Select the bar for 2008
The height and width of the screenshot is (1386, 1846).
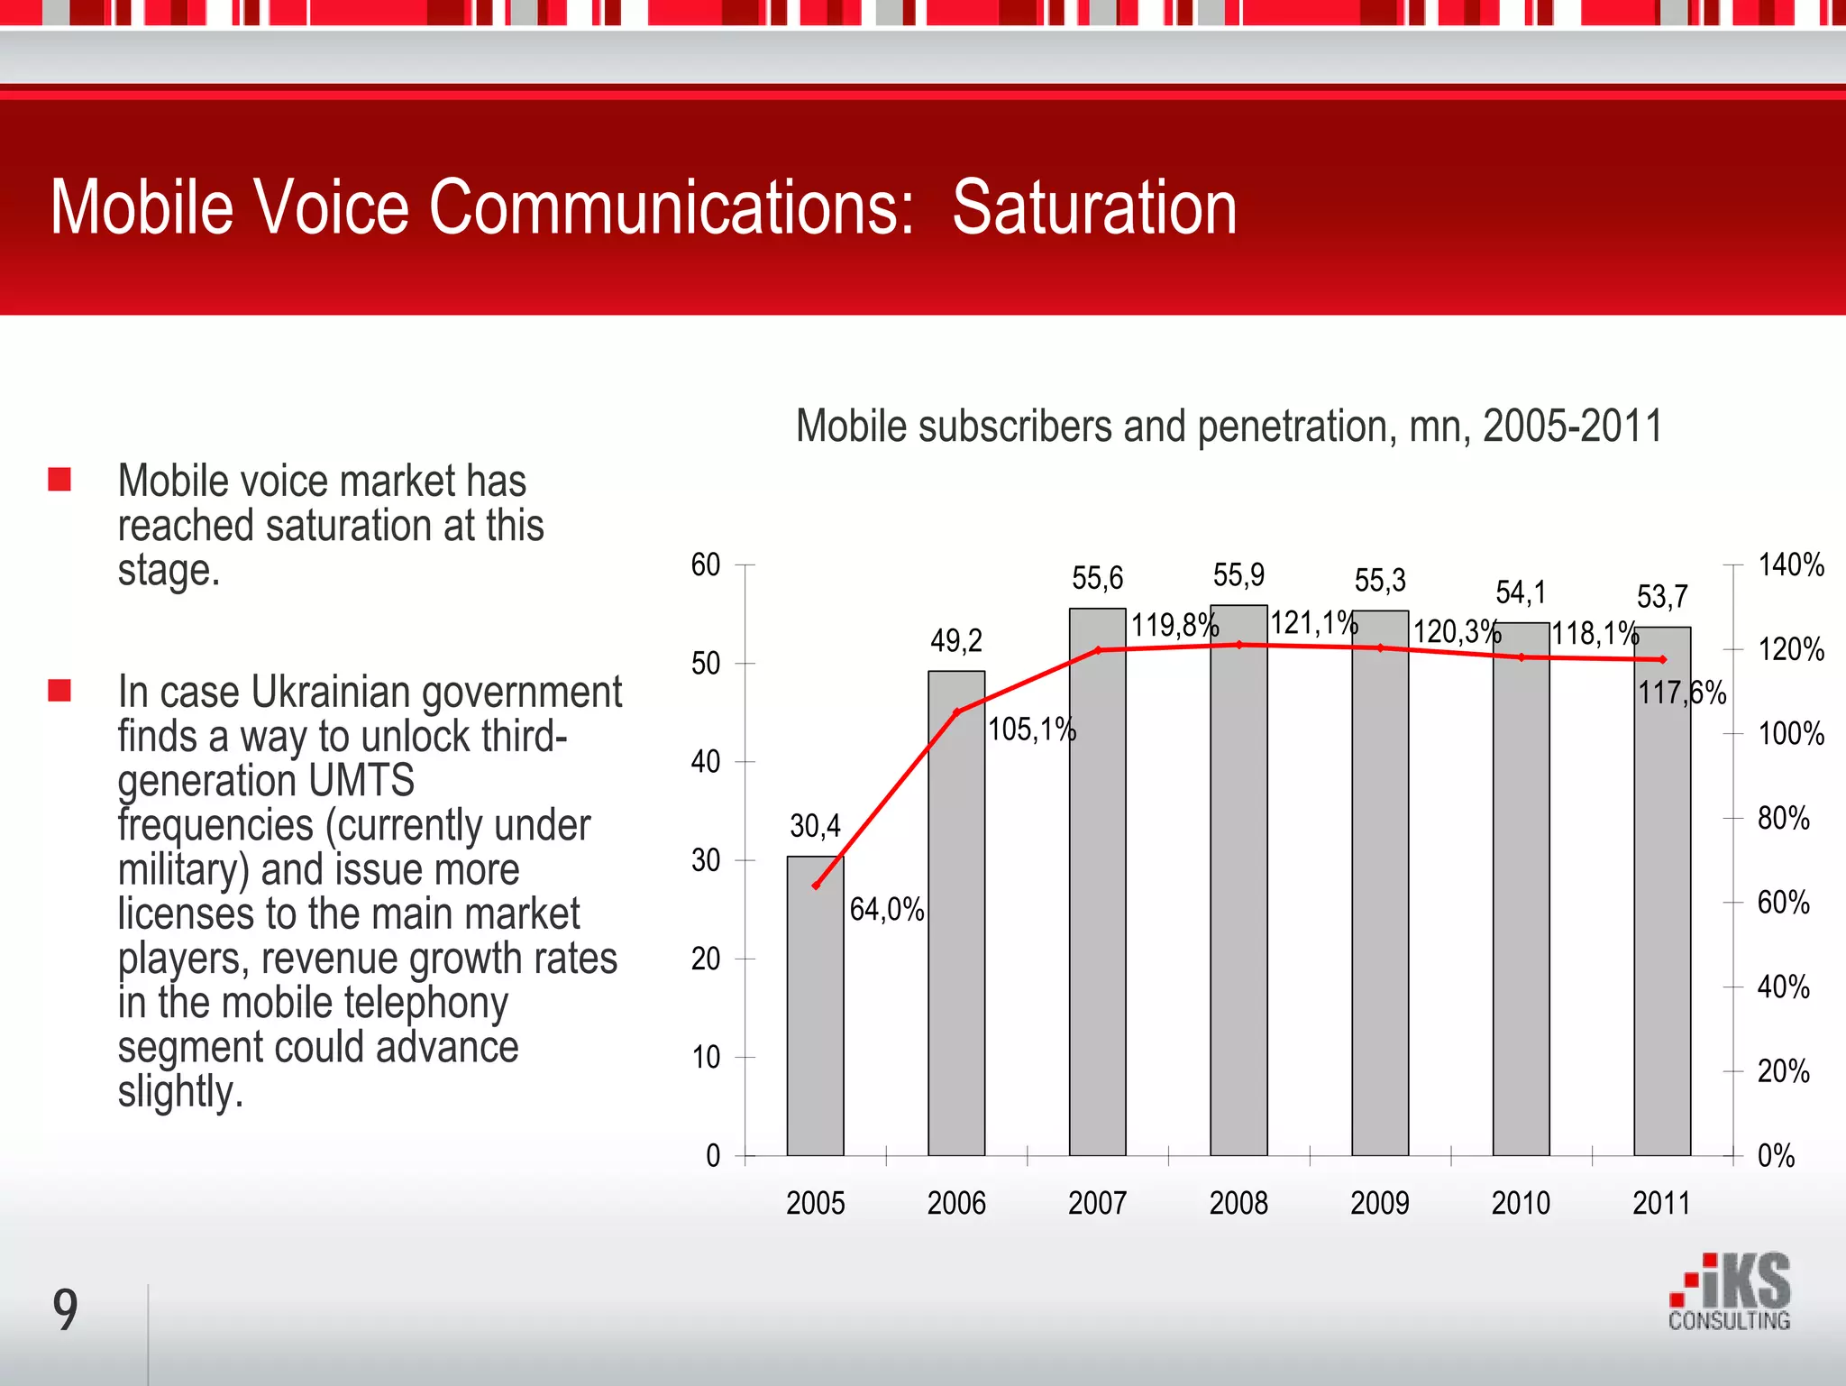tap(1238, 902)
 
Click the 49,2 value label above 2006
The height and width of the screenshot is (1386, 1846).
tap(956, 641)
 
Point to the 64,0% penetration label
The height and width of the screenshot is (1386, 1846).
tap(887, 909)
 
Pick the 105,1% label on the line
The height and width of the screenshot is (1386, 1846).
tap(1032, 729)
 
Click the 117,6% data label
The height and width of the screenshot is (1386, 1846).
tap(1682, 693)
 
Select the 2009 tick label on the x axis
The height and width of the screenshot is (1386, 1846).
tap(1380, 1203)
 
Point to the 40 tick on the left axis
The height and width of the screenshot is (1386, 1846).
tap(706, 762)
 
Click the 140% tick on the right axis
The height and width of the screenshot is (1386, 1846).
tap(1791, 565)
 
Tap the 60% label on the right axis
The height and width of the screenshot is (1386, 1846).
tap(1784, 903)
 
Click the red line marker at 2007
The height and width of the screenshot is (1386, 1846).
tap(1098, 650)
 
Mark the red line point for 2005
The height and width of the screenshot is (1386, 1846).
tap(816, 886)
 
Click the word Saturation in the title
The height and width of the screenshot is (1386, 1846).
tap(1094, 208)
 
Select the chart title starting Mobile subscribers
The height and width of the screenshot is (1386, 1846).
tap(1229, 427)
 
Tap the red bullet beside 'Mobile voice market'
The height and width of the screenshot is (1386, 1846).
tap(59, 479)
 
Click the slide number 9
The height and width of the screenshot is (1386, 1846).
tap(65, 1310)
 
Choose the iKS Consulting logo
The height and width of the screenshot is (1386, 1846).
tap(1729, 1292)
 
